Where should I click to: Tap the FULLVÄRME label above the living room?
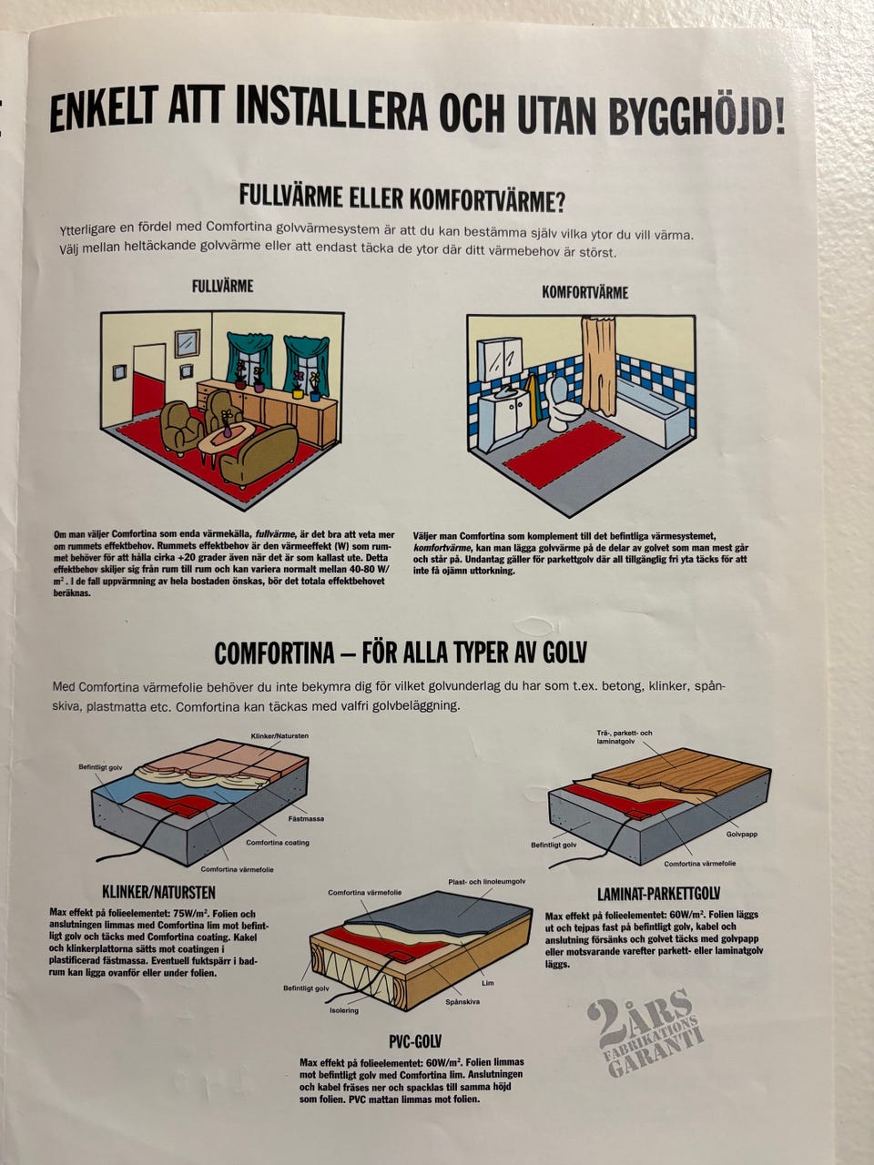coord(222,287)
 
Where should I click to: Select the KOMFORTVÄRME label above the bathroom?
coord(584,292)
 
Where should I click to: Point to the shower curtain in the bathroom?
coord(598,366)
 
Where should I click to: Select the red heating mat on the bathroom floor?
coord(564,454)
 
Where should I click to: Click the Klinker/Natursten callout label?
coord(279,736)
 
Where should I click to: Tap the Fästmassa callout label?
coord(306,818)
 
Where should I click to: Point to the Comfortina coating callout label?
coord(278,842)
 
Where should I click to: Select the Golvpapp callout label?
coord(742,834)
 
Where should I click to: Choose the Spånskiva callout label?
coord(462,1001)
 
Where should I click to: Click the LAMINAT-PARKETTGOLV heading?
coord(658,895)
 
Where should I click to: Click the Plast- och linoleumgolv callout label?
coord(486,882)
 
